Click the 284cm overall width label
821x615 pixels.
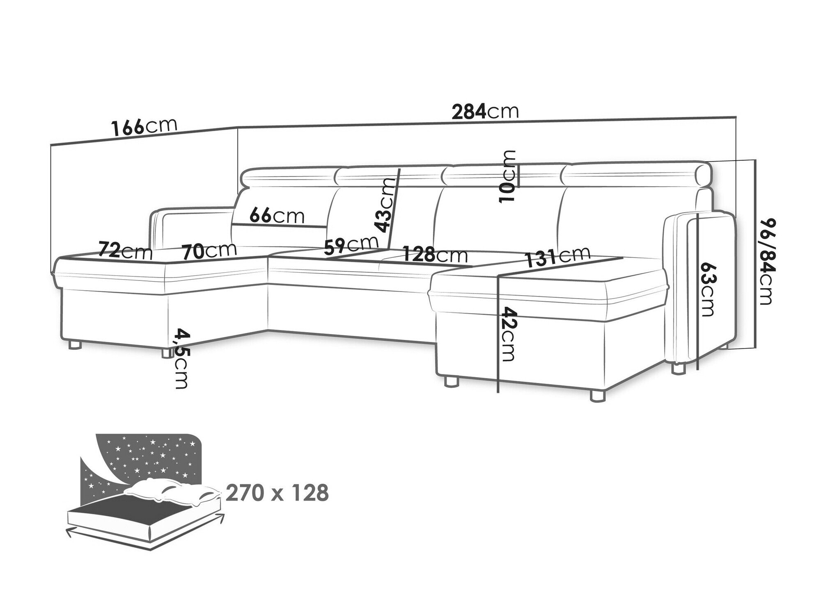[x=485, y=112]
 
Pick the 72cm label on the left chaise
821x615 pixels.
[x=125, y=251]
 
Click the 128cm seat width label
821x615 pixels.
[x=435, y=255]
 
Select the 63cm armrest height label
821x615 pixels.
[x=707, y=289]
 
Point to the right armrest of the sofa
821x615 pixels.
[x=698, y=287]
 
